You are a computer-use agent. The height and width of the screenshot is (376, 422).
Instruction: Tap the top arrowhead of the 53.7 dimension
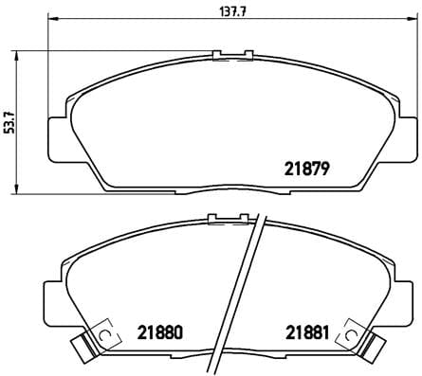click(21, 52)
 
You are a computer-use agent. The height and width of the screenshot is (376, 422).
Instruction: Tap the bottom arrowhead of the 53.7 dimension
click(21, 192)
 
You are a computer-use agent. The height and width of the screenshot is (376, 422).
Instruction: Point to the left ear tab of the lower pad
click(55, 293)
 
